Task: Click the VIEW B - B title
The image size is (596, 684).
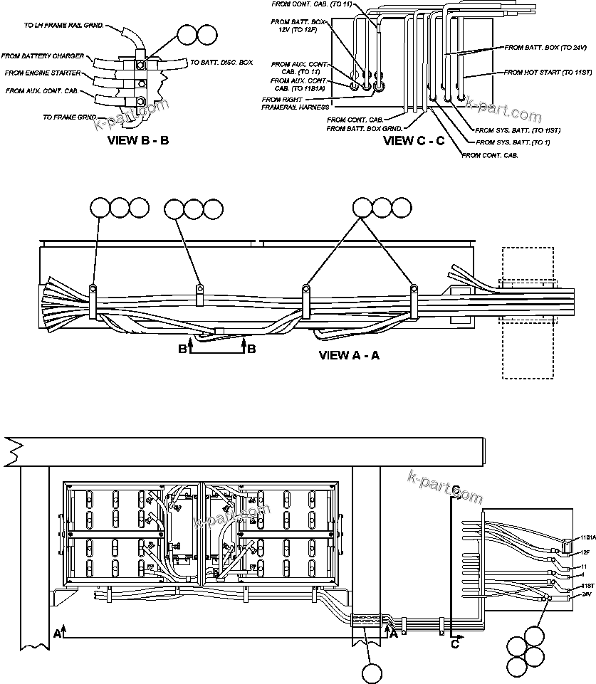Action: coord(138,140)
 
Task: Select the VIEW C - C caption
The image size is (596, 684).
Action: coord(414,140)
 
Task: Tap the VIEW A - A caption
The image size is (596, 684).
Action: coord(349,355)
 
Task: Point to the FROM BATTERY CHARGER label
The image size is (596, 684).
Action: coord(43,56)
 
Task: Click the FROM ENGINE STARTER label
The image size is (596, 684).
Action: coord(42,73)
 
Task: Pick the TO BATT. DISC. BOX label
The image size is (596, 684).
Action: coord(221,63)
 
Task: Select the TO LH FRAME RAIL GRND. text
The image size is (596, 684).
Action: coord(64,25)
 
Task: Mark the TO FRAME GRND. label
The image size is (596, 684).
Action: coord(69,117)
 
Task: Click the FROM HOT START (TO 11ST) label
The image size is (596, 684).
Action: coord(548,72)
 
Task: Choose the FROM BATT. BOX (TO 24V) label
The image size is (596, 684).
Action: coord(545,47)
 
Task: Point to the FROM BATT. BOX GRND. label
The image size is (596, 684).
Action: coord(365,129)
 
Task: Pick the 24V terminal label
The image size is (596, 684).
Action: coord(586,594)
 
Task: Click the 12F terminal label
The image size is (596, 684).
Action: coord(585,552)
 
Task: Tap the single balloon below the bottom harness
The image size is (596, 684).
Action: coord(372,673)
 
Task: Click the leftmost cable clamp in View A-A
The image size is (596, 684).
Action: coord(93,289)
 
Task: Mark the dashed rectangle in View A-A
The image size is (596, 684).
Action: coord(528,313)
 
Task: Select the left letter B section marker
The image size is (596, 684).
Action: coord(182,349)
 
